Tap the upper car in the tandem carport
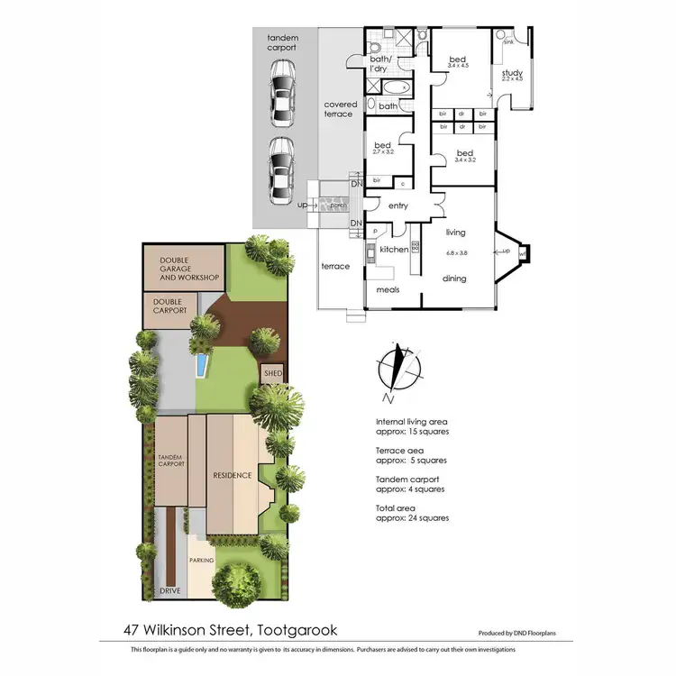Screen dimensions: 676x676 coord(282,90)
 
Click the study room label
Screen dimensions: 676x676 coord(512,74)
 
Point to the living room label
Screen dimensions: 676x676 coord(455,233)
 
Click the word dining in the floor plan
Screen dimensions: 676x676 coord(454,279)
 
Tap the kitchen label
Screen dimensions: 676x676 coord(394,249)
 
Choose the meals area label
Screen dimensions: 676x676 coord(388,289)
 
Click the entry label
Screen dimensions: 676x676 coord(398,206)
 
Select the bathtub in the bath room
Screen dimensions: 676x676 coord(396,87)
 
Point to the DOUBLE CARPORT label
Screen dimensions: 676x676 coord(170,306)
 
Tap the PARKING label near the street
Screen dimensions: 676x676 coord(201,560)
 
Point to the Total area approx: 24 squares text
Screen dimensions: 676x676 coord(412,513)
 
